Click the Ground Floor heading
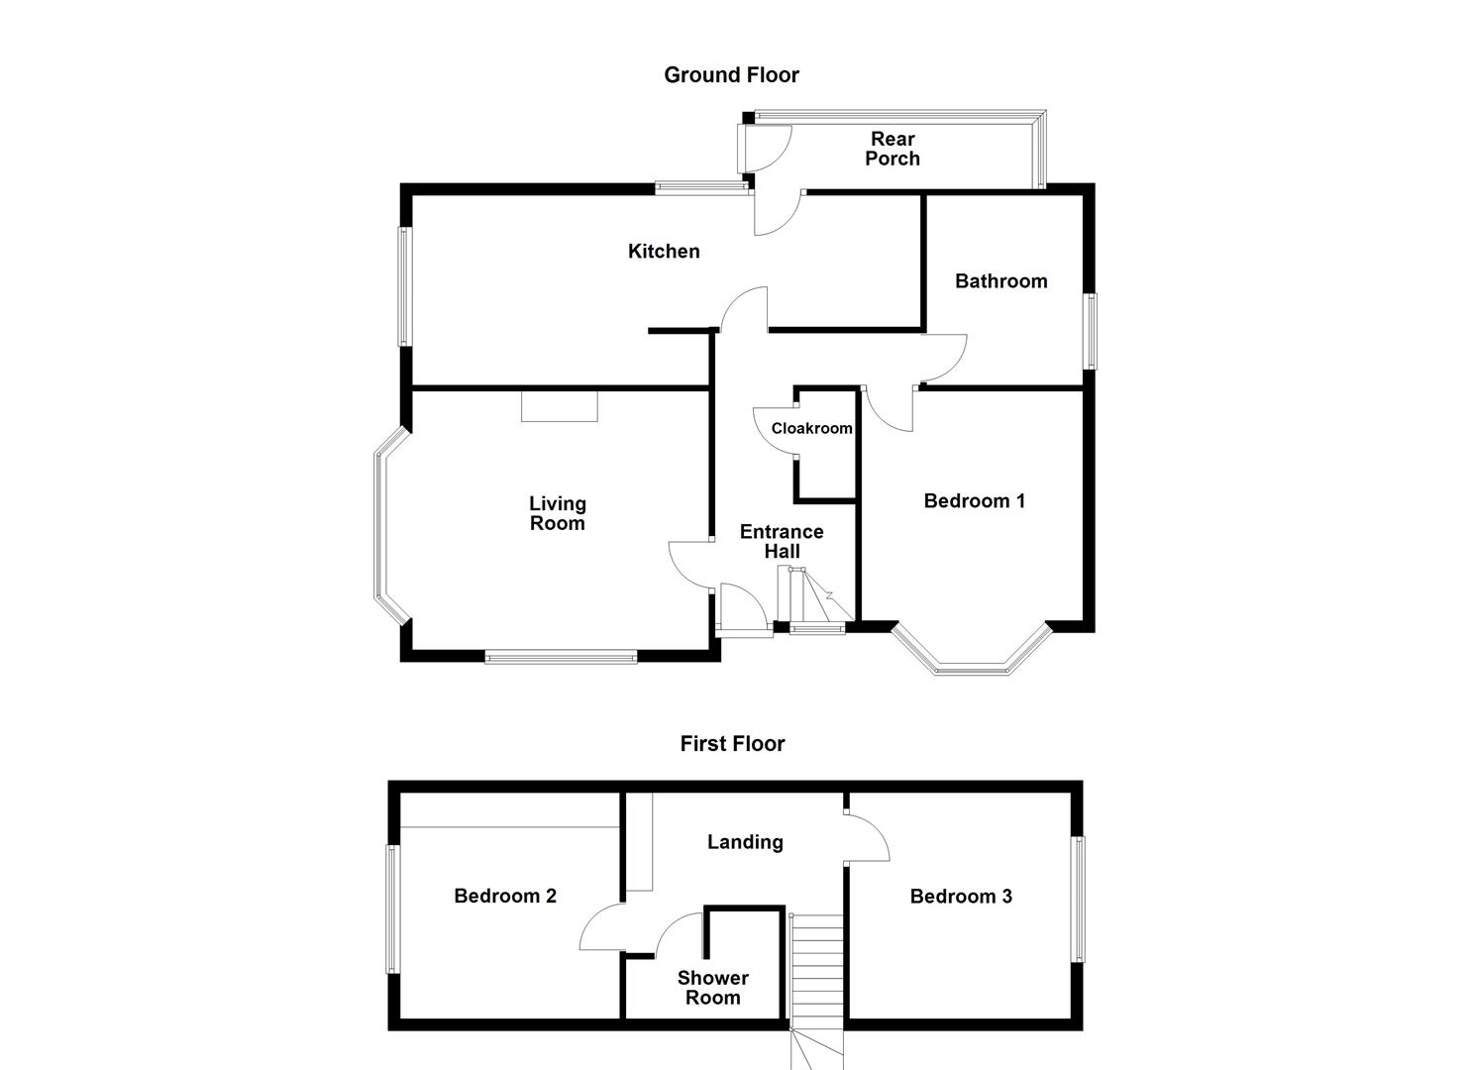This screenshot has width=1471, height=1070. coord(731,75)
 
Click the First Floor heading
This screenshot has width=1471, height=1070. coord(732,744)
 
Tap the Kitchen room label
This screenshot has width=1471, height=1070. coord(664,252)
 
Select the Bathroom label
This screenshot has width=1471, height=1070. coord(1000,281)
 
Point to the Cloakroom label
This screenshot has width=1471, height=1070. coord(811,429)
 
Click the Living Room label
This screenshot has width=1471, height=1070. coord(557,514)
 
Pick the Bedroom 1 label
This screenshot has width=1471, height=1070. coord(974,501)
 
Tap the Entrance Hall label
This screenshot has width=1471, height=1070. coord(782,542)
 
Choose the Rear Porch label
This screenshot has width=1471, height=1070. coord(893,149)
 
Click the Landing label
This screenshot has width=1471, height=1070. coord(745,842)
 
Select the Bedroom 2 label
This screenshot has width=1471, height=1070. coord(505,897)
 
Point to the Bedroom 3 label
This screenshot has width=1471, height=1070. coord(961,897)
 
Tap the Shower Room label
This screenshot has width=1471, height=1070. coord(712,988)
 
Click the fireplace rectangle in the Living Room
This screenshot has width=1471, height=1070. coord(560,405)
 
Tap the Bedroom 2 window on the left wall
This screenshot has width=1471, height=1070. coord(392,909)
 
